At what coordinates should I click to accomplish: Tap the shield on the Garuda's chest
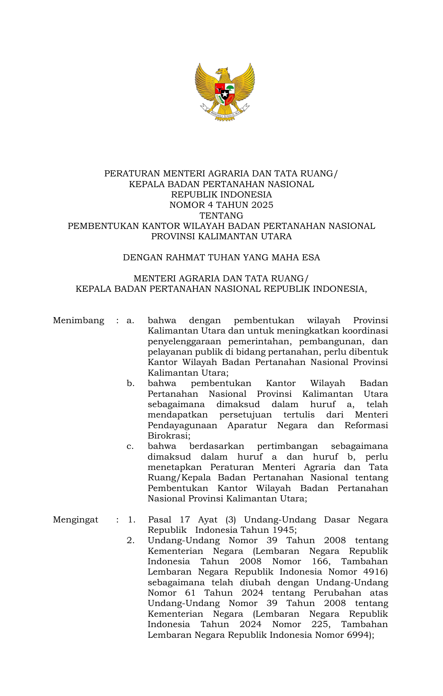(x=225, y=94)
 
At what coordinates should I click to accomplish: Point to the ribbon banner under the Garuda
(x=225, y=114)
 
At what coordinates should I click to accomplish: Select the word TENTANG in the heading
(x=221, y=216)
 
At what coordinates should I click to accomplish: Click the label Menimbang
(x=79, y=321)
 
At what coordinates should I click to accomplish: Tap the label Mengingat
(x=75, y=520)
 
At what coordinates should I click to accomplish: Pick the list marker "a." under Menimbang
(x=130, y=321)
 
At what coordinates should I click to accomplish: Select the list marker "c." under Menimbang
(x=130, y=446)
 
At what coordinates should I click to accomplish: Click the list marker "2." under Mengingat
(x=131, y=541)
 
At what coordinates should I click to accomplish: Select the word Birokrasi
(x=169, y=436)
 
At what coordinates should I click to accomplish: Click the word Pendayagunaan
(x=182, y=426)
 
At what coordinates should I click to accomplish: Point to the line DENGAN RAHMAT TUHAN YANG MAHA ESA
(x=221, y=258)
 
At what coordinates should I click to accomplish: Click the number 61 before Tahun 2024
(x=190, y=593)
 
